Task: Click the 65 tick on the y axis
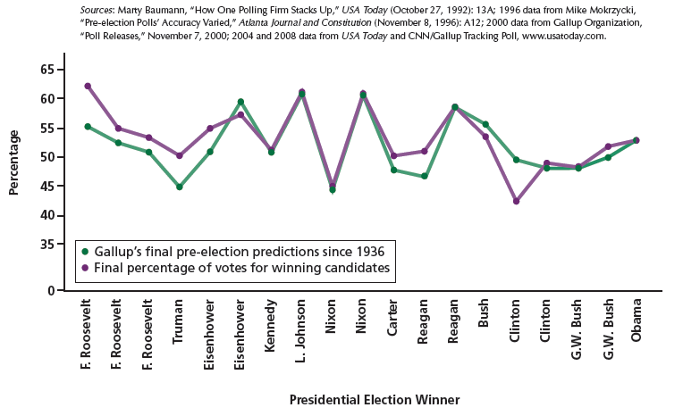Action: click(x=46, y=70)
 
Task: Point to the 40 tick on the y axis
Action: click(x=46, y=216)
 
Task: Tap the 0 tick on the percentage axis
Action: click(x=50, y=291)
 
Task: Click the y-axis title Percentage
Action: click(x=14, y=162)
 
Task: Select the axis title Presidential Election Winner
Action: click(x=375, y=400)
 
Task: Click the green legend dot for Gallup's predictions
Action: click(x=83, y=251)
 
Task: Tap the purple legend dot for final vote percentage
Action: click(x=83, y=267)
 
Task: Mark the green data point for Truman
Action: click(x=180, y=187)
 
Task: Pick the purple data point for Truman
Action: click(x=180, y=155)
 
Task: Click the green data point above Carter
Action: click(x=392, y=170)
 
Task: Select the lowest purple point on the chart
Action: click(x=515, y=202)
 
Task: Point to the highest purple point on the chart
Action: click(x=88, y=86)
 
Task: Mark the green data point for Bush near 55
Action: click(x=485, y=124)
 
